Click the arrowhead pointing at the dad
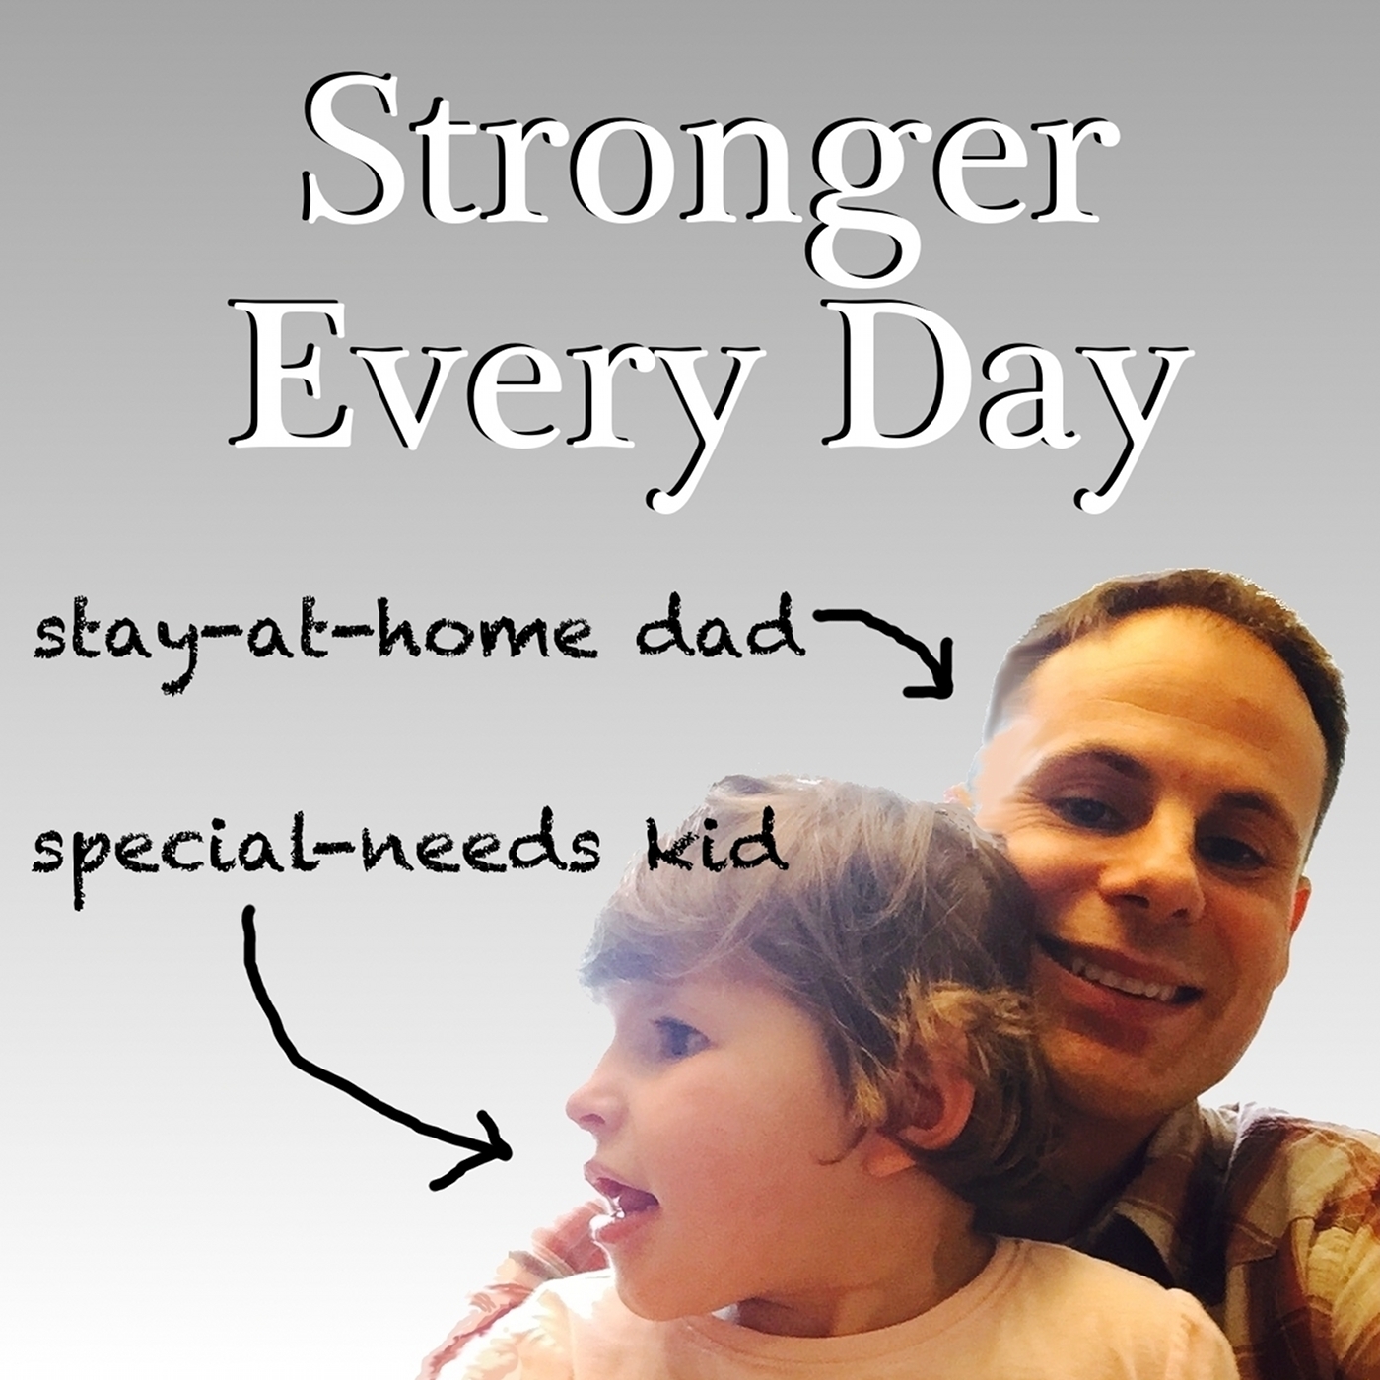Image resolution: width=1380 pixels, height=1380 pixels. (x=936, y=680)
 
